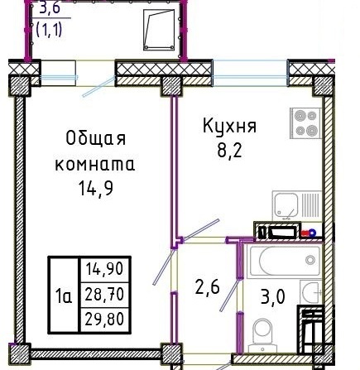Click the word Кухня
229,127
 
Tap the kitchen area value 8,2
229,151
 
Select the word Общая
96,138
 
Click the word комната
95,165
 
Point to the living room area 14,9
96,189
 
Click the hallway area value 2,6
207,286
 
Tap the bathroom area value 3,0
272,297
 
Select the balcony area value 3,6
50,8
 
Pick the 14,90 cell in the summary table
104,269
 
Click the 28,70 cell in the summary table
104,294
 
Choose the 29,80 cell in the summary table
104,320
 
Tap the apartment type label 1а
64,297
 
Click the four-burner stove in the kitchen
305,123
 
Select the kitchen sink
297,206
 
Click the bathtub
285,262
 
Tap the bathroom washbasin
311,292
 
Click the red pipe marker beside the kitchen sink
305,233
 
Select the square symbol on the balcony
159,30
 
